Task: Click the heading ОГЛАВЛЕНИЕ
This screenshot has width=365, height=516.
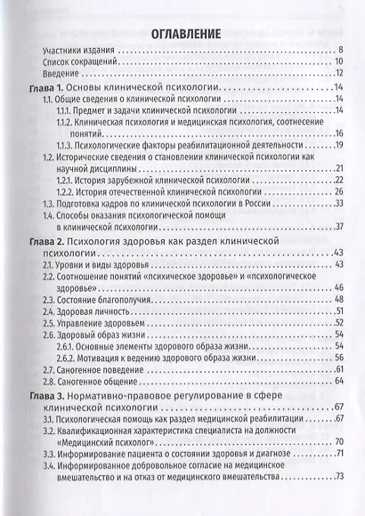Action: coord(182,36)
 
